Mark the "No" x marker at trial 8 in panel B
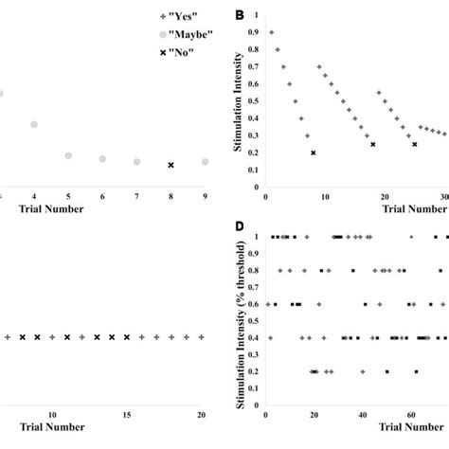[x=313, y=153]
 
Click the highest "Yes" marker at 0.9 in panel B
[x=271, y=31]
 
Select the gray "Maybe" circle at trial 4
[x=34, y=124]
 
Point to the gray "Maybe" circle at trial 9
[x=205, y=162]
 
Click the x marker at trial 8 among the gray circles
[x=171, y=165]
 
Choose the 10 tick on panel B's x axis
[x=324, y=198]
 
